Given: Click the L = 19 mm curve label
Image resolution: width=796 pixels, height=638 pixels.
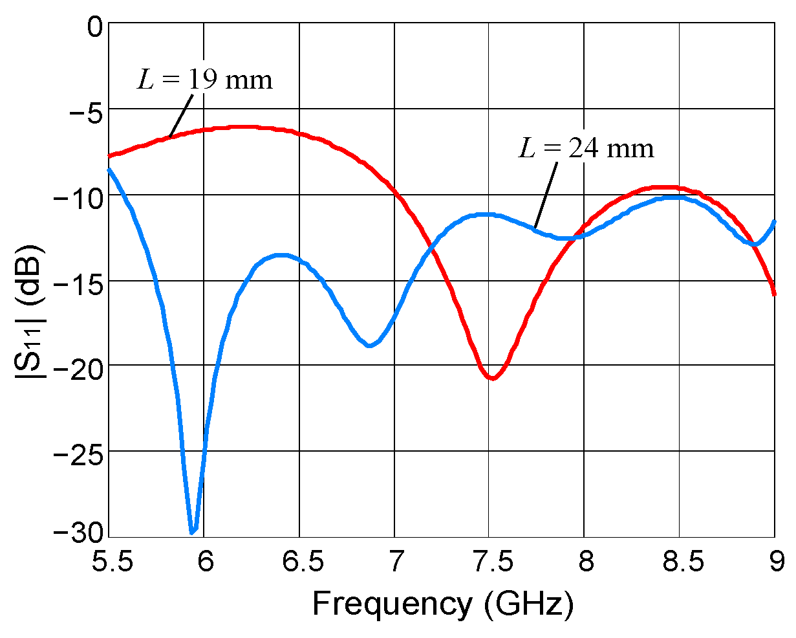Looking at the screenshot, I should click(x=204, y=80).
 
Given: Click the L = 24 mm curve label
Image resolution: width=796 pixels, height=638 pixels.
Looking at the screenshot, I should click(x=586, y=148).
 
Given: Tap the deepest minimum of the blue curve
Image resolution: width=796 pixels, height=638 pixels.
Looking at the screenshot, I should click(x=192, y=532).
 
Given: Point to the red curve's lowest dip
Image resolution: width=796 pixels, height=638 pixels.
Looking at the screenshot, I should click(x=493, y=378).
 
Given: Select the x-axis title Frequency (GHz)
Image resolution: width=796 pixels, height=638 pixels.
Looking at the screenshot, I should click(x=442, y=604).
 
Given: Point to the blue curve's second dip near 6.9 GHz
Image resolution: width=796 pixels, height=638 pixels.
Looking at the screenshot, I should click(x=369, y=346).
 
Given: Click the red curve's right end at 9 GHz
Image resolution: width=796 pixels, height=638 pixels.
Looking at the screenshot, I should click(x=773, y=293).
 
